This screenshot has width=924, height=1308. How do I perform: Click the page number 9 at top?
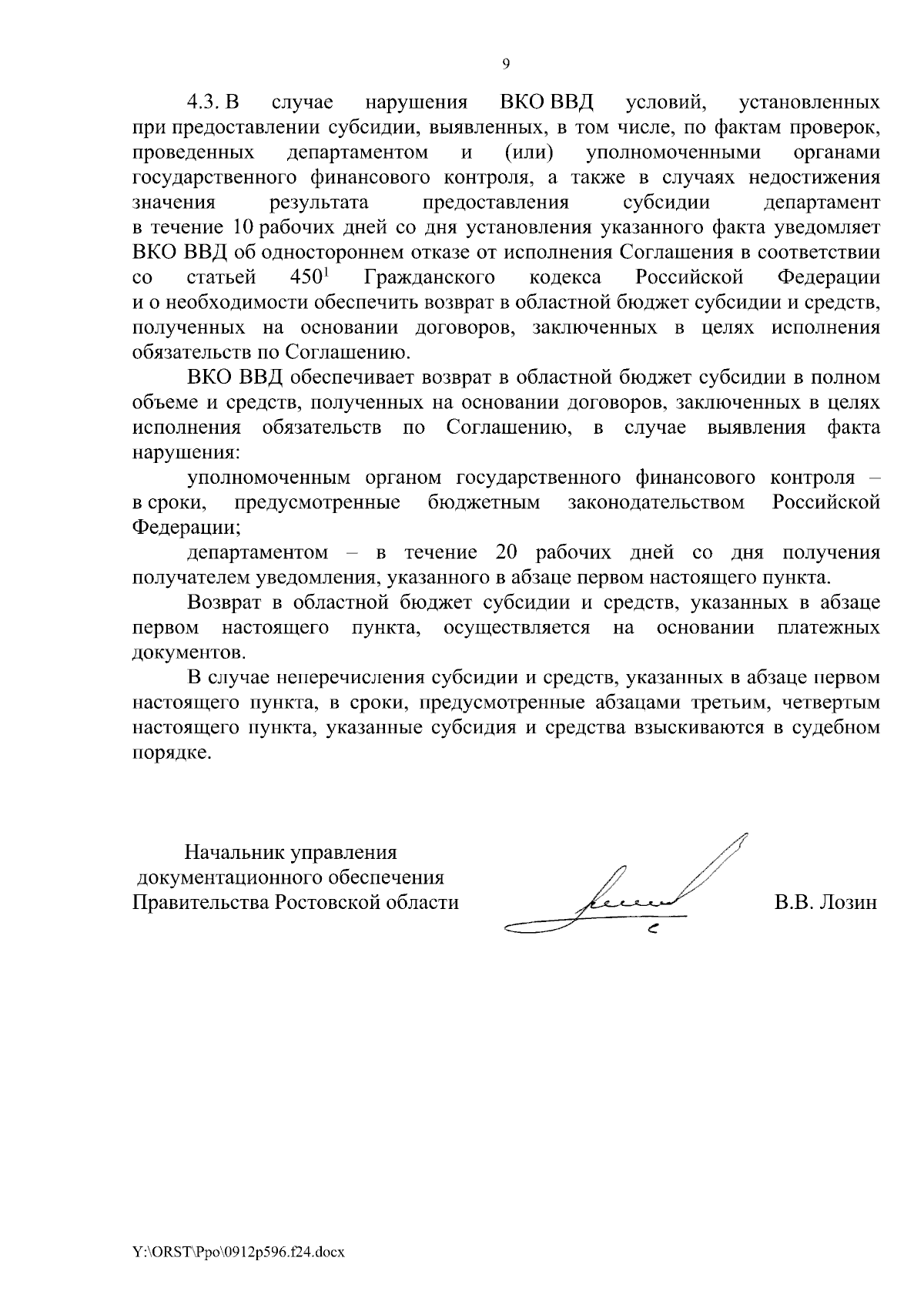[x=505, y=65]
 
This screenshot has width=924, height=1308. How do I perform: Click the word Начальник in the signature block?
[x=234, y=853]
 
